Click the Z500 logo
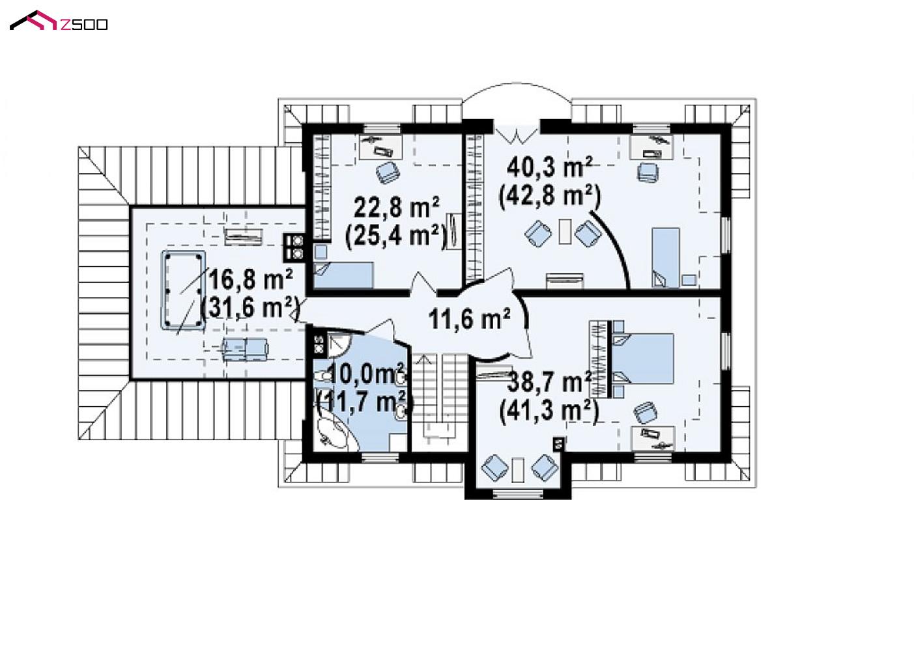[59, 21]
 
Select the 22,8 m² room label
[397, 207]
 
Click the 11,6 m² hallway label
[469, 319]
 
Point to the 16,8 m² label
[250, 279]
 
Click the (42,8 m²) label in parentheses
[549, 196]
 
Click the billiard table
[183, 290]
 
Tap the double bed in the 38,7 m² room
[642, 358]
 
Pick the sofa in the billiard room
[245, 349]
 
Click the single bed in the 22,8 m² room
[343, 275]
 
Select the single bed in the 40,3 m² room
[666, 258]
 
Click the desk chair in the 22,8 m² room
[387, 173]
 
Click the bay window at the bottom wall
[518, 495]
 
